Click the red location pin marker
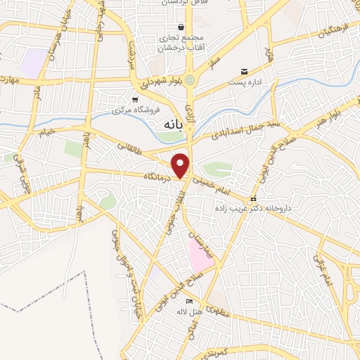[181, 165]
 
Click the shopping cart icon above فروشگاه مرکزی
[135, 100]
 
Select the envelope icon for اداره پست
[244, 72]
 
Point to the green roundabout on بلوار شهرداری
[190, 79]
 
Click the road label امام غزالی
[326, 267]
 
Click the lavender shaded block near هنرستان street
[31, 64]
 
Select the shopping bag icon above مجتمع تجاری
[181, 27]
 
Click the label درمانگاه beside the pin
[157, 176]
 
